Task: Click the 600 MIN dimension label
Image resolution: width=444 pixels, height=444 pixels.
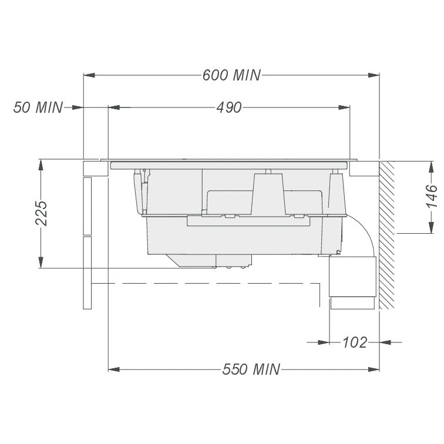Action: (x=231, y=75)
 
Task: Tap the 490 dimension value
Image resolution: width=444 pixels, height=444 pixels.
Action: (x=229, y=107)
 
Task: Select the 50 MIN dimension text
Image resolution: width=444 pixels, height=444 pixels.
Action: (x=38, y=107)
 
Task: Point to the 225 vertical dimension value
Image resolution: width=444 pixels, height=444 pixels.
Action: (x=41, y=213)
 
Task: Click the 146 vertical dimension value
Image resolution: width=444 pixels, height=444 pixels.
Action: (x=431, y=196)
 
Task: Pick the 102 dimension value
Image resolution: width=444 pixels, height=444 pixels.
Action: (x=355, y=342)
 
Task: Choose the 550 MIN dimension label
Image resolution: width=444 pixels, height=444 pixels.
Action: (x=251, y=369)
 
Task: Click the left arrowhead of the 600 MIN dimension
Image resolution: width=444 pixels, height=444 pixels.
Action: (x=89, y=75)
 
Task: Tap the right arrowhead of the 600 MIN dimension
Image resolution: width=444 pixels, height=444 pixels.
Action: (x=374, y=75)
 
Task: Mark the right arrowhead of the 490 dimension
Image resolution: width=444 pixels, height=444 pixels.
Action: (x=344, y=107)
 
